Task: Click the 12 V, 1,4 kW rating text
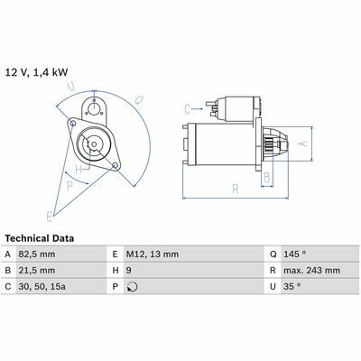pos(37,73)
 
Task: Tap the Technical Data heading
pos(40,238)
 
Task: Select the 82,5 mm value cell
pos(37,255)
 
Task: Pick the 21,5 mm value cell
pos(37,271)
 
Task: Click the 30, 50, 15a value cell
pos(42,286)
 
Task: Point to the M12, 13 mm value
pos(153,255)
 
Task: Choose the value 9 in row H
pos(128,271)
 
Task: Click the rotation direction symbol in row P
pos(133,287)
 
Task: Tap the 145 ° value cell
pos(295,255)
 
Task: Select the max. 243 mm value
pos(311,271)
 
